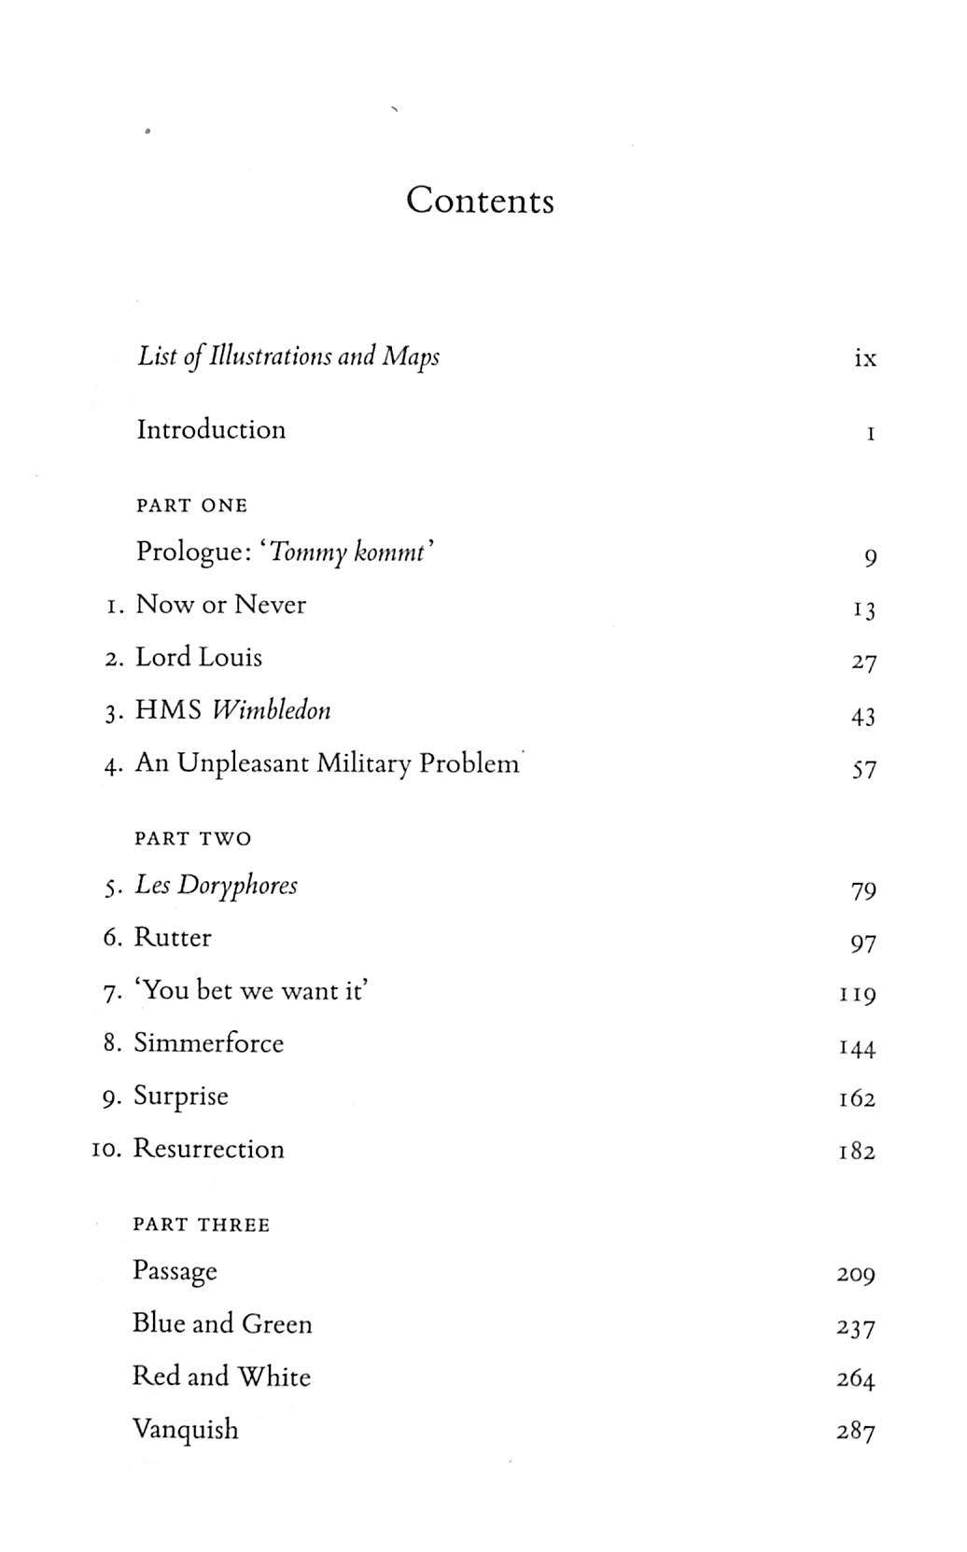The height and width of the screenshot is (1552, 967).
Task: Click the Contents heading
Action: pos(480,201)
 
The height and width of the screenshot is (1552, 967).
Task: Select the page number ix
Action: pos(864,358)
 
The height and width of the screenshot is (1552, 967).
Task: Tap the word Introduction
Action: pos(211,429)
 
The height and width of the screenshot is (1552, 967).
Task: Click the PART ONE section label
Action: pos(191,506)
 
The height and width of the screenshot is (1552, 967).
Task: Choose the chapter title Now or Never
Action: pos(221,605)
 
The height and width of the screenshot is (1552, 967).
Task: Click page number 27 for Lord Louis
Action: pos(863,663)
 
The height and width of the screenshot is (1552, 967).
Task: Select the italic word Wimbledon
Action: pos(271,711)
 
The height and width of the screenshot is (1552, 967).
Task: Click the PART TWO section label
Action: pos(192,839)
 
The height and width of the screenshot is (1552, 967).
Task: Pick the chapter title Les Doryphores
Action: pos(216,886)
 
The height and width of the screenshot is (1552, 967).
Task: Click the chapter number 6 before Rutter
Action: pos(112,938)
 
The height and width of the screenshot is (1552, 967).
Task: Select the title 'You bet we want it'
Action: pos(251,990)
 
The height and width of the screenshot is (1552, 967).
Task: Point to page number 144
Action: pos(857,1049)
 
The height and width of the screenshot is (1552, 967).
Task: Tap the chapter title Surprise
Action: pos(180,1097)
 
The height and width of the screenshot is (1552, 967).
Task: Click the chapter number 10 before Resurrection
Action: pos(107,1150)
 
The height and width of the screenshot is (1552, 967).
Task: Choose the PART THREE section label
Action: pos(201,1225)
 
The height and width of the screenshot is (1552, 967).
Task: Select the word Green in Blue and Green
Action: pos(277,1324)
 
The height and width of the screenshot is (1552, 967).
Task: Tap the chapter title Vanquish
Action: pos(185,1430)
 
